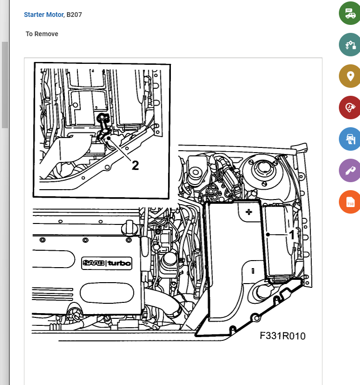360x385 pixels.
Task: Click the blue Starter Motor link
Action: click(x=44, y=15)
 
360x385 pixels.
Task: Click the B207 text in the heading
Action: click(x=74, y=15)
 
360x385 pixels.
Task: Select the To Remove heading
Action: click(x=42, y=34)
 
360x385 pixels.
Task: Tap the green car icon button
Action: click(x=350, y=13)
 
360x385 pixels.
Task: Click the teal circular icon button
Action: click(x=350, y=45)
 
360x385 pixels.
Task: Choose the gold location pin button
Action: click(x=350, y=76)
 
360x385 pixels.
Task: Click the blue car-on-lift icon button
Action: click(x=350, y=139)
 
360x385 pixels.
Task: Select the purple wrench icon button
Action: click(x=350, y=170)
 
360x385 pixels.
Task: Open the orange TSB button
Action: click(x=350, y=202)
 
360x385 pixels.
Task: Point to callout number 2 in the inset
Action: click(x=135, y=165)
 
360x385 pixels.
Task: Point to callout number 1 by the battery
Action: click(x=291, y=235)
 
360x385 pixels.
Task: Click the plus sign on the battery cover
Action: click(x=249, y=212)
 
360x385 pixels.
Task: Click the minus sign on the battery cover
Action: click(x=253, y=271)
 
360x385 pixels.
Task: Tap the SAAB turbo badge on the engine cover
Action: click(x=107, y=263)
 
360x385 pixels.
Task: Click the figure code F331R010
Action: click(x=283, y=336)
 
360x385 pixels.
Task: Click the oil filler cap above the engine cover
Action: click(x=130, y=228)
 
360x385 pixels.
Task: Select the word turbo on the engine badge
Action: click(x=119, y=263)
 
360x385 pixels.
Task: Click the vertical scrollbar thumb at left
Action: click(x=5, y=85)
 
